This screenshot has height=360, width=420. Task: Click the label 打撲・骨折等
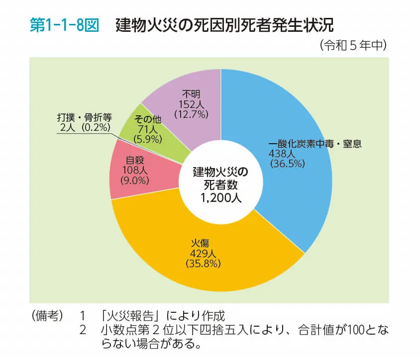tap(85, 118)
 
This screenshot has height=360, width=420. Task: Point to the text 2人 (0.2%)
tap(84, 127)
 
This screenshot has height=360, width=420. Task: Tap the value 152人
tap(192, 104)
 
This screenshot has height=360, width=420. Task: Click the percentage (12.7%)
tap(192, 114)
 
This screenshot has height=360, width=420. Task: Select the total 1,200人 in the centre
tap(220, 198)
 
